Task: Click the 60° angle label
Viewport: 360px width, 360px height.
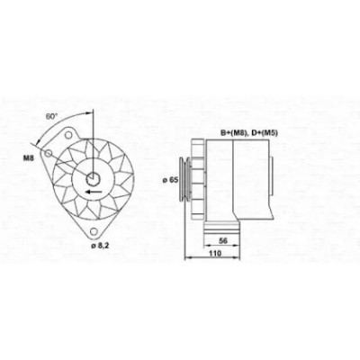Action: click(x=51, y=116)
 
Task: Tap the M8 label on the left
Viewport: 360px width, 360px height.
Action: click(x=29, y=158)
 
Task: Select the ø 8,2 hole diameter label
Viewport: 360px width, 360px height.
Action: click(x=100, y=246)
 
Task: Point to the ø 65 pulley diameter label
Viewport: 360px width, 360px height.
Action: click(x=170, y=180)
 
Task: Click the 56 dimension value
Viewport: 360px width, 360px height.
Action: click(x=223, y=240)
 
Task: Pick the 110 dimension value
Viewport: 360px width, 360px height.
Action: click(x=215, y=253)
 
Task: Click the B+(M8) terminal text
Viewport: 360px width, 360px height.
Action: click(x=233, y=133)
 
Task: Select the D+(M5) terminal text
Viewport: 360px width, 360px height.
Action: click(x=265, y=133)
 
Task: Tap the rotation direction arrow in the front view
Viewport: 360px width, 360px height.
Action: click(x=93, y=192)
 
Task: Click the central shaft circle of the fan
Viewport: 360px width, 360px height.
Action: click(x=93, y=179)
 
